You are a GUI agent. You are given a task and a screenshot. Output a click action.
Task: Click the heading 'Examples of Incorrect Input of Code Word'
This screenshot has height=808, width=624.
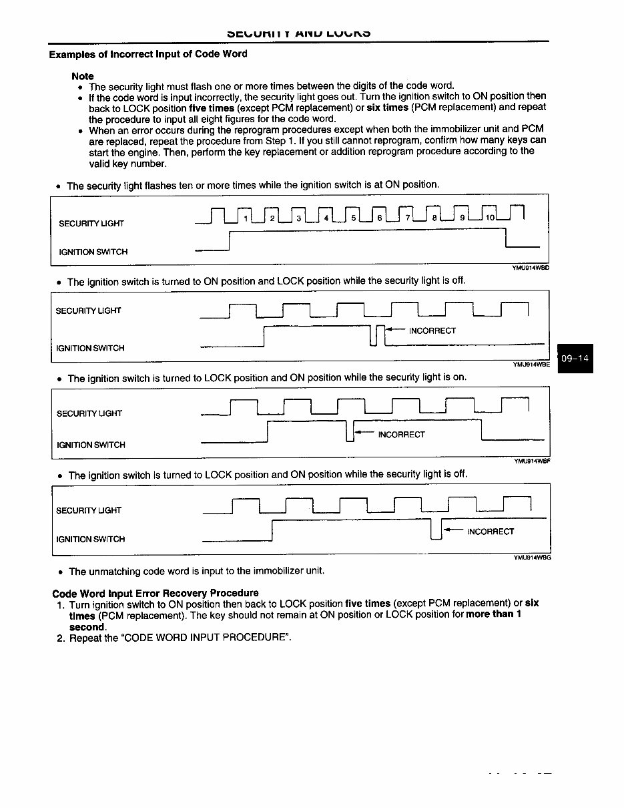pyautogui.click(x=147, y=54)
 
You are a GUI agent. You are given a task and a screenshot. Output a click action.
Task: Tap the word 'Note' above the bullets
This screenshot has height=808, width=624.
pyautogui.click(x=83, y=76)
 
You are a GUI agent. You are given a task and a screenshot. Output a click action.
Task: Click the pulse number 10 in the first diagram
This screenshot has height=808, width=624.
pyautogui.click(x=489, y=218)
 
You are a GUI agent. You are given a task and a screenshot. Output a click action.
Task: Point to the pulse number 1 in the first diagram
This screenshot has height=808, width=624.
pyautogui.click(x=246, y=218)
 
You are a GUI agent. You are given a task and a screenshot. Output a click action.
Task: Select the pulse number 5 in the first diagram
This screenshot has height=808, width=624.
pyautogui.click(x=353, y=218)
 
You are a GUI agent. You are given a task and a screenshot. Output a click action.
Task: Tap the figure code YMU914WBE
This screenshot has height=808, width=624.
pyautogui.click(x=531, y=365)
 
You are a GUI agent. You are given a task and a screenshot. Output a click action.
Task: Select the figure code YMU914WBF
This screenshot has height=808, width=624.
pyautogui.click(x=532, y=461)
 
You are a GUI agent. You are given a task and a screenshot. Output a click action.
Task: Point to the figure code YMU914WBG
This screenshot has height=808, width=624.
pyautogui.click(x=532, y=557)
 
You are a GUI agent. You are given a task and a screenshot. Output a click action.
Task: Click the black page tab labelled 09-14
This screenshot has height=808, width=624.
pyautogui.click(x=575, y=359)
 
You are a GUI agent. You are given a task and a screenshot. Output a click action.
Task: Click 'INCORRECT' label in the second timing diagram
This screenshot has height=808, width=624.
pyautogui.click(x=432, y=331)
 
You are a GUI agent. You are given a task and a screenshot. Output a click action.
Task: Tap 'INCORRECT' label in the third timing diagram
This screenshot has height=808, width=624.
pyautogui.click(x=401, y=435)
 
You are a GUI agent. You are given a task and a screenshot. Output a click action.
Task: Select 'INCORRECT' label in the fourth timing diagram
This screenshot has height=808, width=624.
pyautogui.click(x=491, y=532)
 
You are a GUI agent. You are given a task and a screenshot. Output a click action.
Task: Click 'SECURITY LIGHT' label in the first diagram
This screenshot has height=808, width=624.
pyautogui.click(x=91, y=223)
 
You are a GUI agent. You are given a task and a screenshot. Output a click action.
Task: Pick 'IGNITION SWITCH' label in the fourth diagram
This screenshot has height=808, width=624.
pyautogui.click(x=91, y=539)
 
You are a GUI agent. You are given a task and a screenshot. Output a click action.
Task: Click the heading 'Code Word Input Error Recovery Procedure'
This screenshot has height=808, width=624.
pyautogui.click(x=155, y=593)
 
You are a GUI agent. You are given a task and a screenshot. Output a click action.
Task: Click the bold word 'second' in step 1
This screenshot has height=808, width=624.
pyautogui.click(x=87, y=626)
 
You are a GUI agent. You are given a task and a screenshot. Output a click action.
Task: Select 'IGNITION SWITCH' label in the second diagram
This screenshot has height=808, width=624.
pyautogui.click(x=90, y=348)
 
